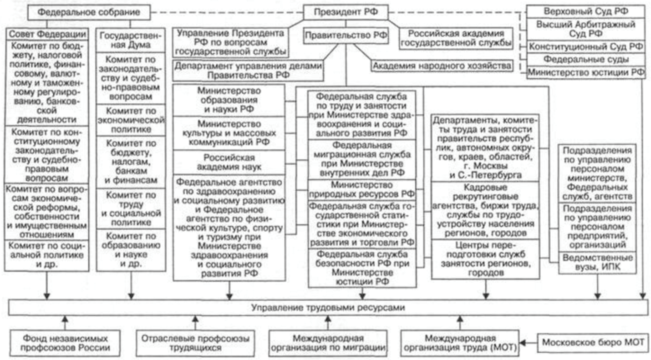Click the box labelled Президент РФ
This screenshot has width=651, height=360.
346,12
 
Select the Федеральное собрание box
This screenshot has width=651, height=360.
89,12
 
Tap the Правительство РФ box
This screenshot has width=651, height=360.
346,35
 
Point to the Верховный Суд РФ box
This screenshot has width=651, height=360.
586,12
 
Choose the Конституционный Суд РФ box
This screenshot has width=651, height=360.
586,46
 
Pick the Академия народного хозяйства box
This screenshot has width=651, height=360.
442,66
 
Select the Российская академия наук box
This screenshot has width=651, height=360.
229,162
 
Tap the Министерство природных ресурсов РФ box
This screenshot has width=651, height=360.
362,190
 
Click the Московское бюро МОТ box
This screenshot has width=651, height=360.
593,343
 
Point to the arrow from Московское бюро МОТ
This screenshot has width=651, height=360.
529,343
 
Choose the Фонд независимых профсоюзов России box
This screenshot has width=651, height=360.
65,343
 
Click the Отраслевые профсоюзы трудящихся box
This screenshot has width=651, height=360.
195,343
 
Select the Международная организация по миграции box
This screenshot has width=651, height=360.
328,343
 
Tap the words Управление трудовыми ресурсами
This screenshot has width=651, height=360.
328,307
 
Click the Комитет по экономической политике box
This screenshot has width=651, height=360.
131,120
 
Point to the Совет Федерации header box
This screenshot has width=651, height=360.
47,34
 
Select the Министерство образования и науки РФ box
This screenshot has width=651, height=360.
229,100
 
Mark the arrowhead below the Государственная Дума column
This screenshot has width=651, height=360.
131,296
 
